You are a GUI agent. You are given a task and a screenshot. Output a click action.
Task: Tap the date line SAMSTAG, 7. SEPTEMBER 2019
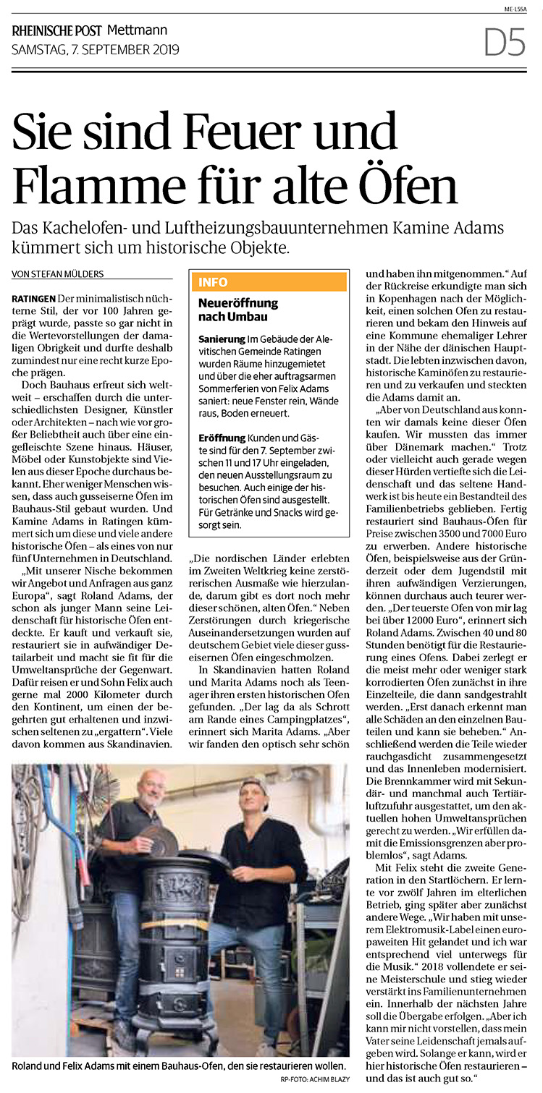(96, 50)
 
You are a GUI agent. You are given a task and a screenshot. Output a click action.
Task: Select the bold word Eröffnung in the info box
(222, 439)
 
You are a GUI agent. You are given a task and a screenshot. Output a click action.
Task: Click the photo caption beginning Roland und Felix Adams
(180, 1066)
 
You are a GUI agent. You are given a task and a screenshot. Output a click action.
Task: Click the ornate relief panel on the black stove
(179, 884)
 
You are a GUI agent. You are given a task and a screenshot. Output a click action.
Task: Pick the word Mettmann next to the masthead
(137, 30)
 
